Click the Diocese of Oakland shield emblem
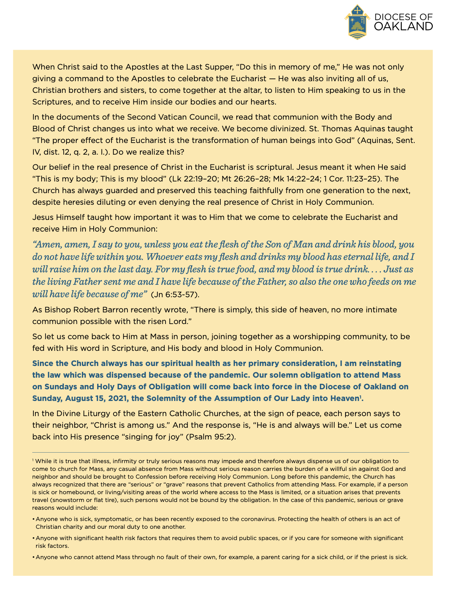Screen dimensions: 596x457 357,22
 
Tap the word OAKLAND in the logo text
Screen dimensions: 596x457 403,27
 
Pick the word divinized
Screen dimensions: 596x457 283,129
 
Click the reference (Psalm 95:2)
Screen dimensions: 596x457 211,437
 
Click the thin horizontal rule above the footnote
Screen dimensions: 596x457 220,452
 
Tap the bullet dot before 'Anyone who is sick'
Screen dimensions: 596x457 33,519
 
